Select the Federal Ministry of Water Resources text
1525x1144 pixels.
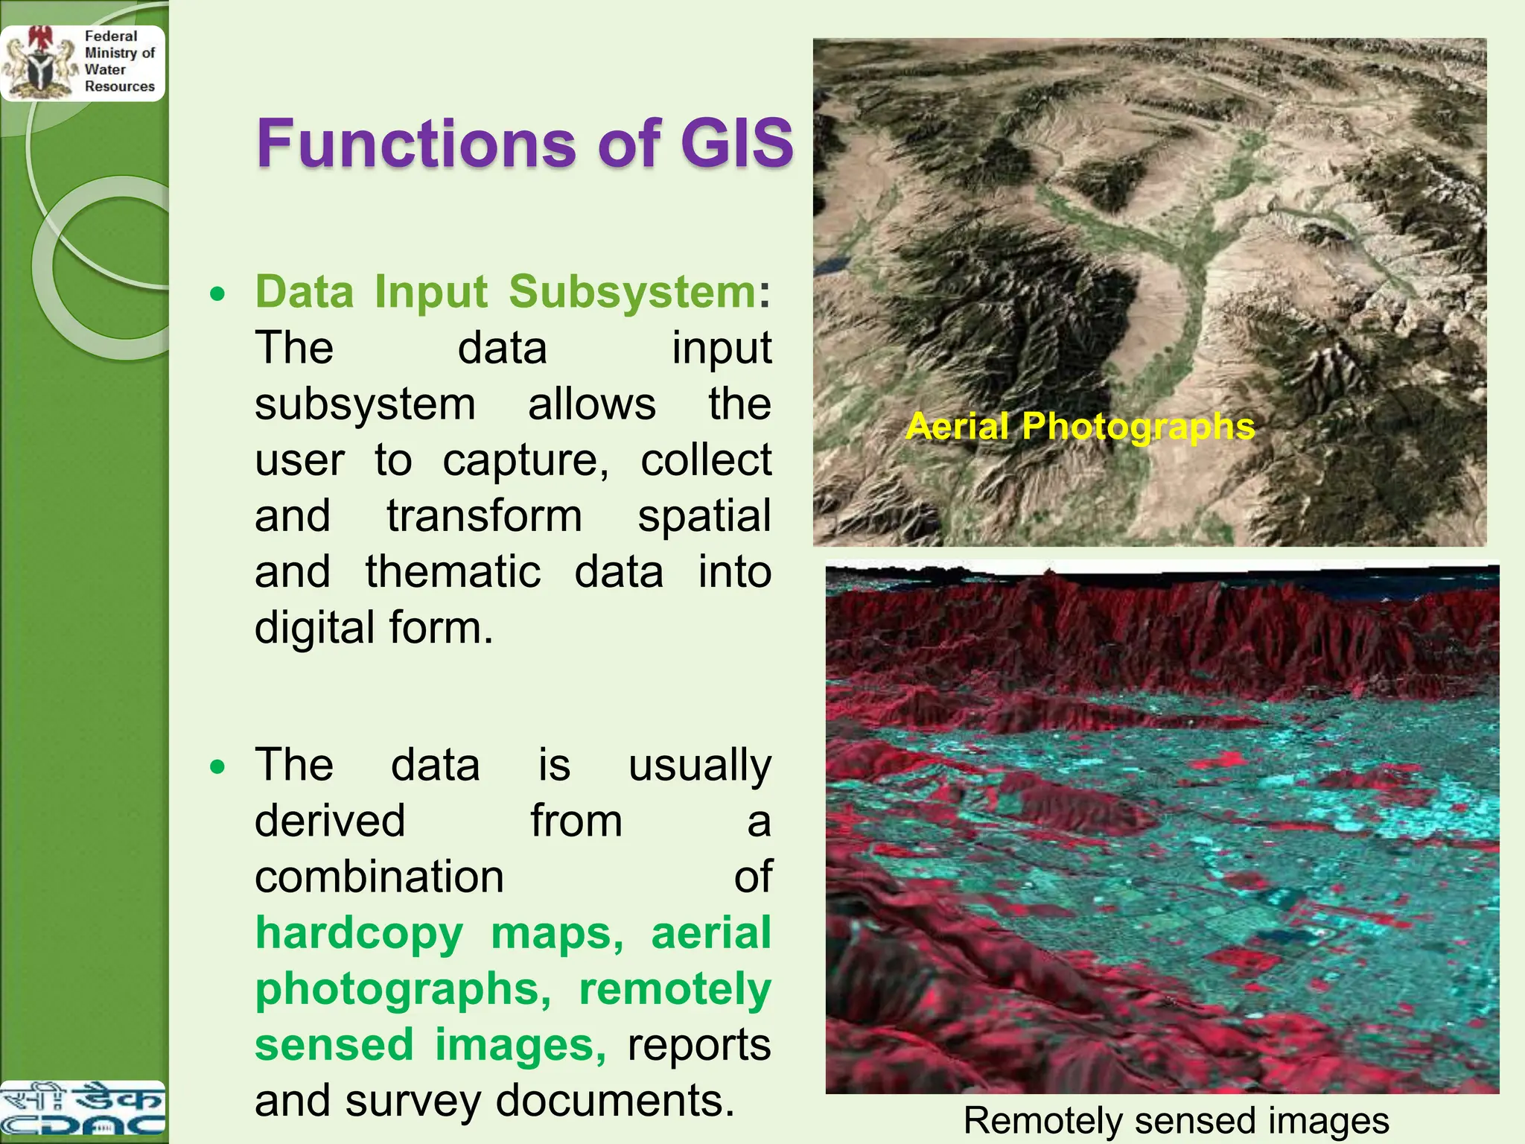tap(119, 61)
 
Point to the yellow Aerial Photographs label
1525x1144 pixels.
tap(1080, 427)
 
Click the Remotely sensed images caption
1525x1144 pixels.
tap(1176, 1120)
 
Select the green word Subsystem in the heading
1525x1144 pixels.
tap(632, 291)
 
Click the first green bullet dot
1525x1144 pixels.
tap(217, 294)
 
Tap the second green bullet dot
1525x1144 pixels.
tap(217, 766)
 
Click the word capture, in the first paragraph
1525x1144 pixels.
tap(526, 460)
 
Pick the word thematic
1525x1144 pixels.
tap(453, 572)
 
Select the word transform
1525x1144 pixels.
tap(484, 516)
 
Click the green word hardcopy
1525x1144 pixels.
tap(359, 933)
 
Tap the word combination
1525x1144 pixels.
tap(379, 877)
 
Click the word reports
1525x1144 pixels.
tap(698, 1044)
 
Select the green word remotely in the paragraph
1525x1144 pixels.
tap(675, 989)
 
